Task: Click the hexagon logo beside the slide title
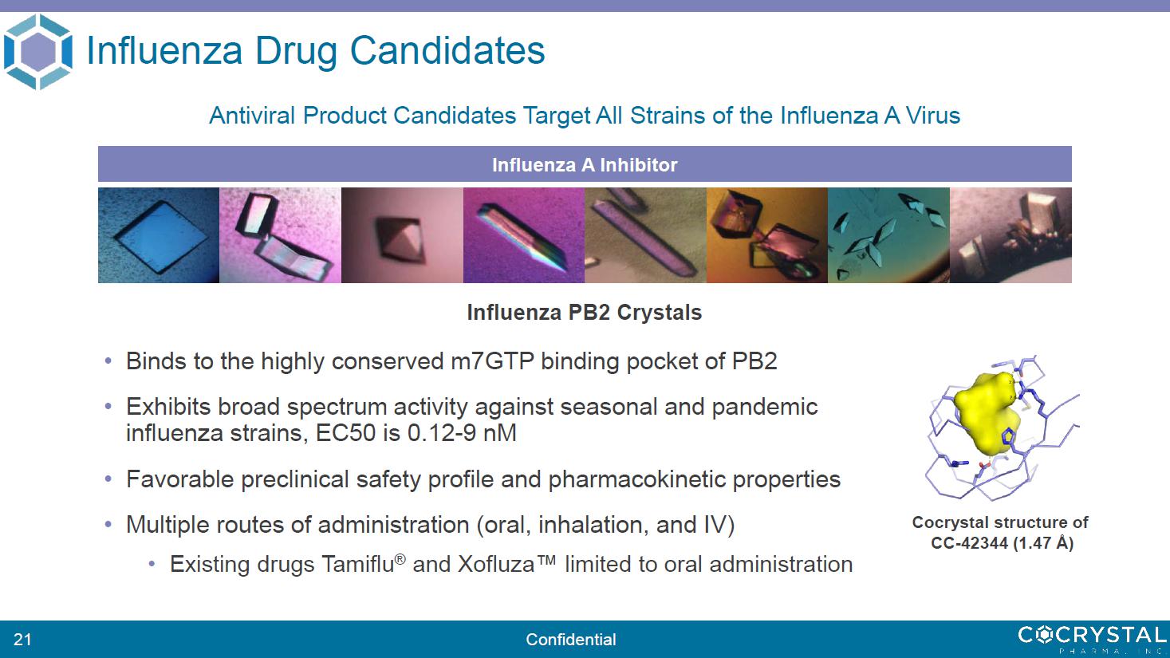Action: tap(37, 52)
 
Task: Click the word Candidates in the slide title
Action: tap(447, 51)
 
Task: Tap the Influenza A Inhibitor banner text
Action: tap(585, 165)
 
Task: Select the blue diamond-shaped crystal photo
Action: tap(159, 235)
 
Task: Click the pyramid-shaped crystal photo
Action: tap(402, 235)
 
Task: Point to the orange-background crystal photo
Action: tap(766, 235)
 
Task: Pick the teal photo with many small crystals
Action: tap(888, 235)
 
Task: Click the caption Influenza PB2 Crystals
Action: tap(585, 313)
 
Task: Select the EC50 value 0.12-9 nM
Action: tap(462, 433)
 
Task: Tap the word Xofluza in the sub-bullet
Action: tap(496, 564)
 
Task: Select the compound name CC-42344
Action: tap(970, 543)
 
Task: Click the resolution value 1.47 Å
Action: tap(1043, 543)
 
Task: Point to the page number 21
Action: tap(22, 640)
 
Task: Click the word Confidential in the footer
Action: tap(571, 640)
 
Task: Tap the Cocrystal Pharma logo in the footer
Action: tap(1092, 639)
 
